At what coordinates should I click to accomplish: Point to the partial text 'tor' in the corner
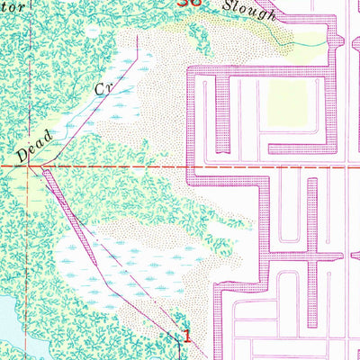coord(11,5)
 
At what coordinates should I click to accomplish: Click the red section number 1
coord(186,335)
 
